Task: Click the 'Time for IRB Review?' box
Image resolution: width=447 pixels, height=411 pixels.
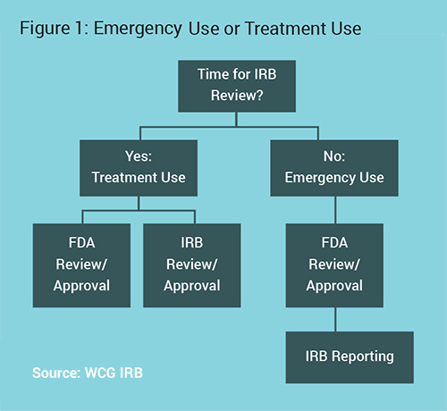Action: tap(237, 86)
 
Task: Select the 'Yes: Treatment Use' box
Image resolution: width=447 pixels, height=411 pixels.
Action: tap(139, 168)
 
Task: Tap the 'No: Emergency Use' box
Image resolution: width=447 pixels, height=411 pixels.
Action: tap(334, 168)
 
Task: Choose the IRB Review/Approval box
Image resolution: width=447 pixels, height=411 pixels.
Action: tap(192, 265)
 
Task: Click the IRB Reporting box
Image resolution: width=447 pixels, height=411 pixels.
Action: tap(350, 357)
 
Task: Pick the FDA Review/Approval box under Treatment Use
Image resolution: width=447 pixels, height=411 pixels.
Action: tap(81, 265)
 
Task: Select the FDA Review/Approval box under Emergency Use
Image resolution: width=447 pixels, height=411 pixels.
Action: tap(334, 265)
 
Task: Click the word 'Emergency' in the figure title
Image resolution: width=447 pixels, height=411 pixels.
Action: tap(138, 29)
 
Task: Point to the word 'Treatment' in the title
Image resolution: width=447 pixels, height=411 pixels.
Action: tap(285, 29)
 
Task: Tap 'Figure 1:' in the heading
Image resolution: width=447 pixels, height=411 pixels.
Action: tap(55, 29)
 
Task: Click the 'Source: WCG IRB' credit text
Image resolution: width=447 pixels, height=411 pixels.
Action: tap(88, 373)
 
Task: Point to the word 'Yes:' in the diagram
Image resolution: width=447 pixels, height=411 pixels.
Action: tap(139, 156)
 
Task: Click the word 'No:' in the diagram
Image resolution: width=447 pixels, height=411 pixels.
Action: tap(334, 156)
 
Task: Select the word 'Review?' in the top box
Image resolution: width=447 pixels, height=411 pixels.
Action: tap(237, 96)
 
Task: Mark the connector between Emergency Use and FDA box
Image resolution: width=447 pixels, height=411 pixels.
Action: tap(335, 210)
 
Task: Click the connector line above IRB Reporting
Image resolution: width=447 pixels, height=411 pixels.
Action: tap(335, 319)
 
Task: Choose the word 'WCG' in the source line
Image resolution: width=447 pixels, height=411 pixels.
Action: tap(100, 373)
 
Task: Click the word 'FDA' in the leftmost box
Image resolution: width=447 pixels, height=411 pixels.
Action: tap(81, 242)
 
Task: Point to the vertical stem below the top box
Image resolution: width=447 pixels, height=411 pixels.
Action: tap(237, 120)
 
